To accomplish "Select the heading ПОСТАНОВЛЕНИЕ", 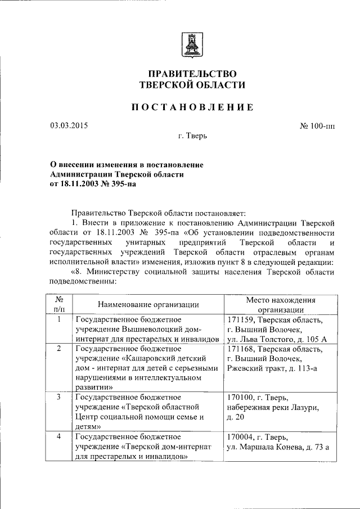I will [192, 107].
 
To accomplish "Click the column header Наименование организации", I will [148, 304].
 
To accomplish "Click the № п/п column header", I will [59, 304].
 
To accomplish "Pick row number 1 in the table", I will [59, 319].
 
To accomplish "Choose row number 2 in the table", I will [59, 349].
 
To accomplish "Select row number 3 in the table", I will [59, 397].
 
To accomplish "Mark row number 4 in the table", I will [59, 437].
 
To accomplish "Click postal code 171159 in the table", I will [238, 319].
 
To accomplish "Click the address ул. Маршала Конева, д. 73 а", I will [277, 447].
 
